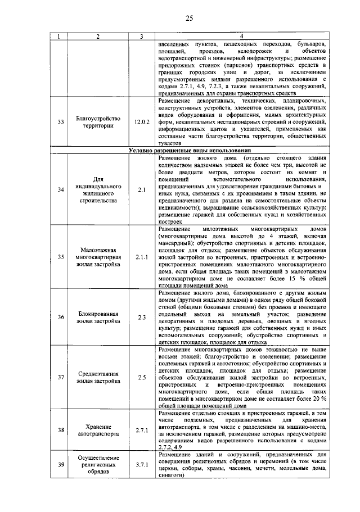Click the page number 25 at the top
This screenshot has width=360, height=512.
click(x=188, y=19)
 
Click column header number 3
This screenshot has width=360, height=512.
click(x=142, y=37)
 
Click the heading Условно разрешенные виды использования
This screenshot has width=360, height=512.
click(x=189, y=151)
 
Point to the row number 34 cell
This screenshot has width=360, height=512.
click(x=61, y=189)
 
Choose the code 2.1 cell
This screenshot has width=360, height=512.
click(x=142, y=189)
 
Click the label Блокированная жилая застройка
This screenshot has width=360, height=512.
click(x=98, y=318)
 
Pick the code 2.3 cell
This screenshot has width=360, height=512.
click(x=142, y=318)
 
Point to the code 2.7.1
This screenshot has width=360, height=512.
click(x=142, y=431)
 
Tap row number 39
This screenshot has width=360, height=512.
click(x=61, y=465)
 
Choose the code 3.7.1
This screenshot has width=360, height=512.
click(x=142, y=465)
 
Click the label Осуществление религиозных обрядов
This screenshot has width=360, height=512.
click(x=98, y=465)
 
